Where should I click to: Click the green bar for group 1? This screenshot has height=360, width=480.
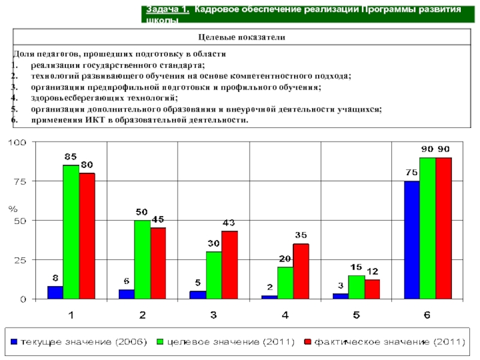[71, 232]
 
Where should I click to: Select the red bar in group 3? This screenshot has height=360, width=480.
[229, 265]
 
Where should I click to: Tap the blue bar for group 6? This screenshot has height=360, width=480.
[412, 239]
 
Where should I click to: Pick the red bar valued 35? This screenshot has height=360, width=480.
[301, 271]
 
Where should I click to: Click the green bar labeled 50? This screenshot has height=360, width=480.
[142, 259]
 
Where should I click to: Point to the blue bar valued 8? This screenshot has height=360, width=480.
[55, 292]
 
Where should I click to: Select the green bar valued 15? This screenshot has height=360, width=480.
[356, 287]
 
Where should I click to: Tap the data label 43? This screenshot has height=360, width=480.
[229, 223]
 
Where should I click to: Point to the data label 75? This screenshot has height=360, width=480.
[411, 173]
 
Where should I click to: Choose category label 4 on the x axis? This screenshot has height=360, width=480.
[285, 314]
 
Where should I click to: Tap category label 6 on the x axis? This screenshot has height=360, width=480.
[427, 314]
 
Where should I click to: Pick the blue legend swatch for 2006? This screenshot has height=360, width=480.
[13, 342]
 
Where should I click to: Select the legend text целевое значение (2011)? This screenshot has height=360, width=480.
[230, 342]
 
